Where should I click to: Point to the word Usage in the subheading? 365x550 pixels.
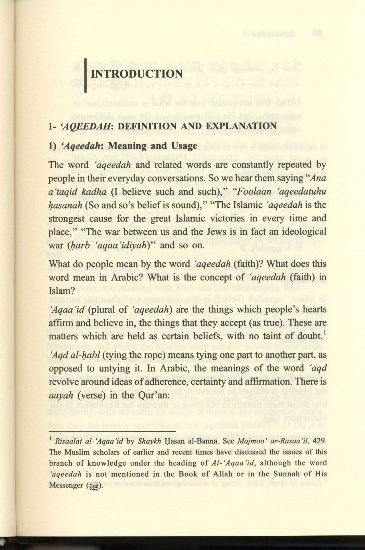pos(185,146)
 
